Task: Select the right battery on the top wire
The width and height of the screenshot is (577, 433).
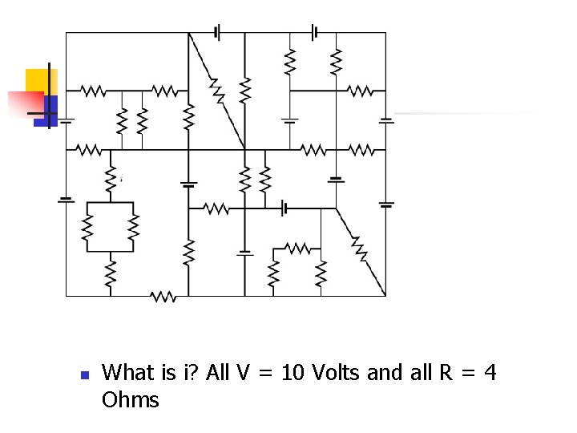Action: [314, 32]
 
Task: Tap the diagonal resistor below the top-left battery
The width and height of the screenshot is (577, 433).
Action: [216, 91]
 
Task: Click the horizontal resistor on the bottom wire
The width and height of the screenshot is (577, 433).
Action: [163, 296]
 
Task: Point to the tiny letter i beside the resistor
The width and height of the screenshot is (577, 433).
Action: [121, 180]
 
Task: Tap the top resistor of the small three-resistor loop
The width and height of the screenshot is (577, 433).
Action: [297, 248]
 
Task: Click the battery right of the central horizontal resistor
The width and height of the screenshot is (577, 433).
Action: [284, 208]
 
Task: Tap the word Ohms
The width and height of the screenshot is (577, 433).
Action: [131, 399]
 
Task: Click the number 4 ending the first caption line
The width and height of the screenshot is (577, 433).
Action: [490, 372]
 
